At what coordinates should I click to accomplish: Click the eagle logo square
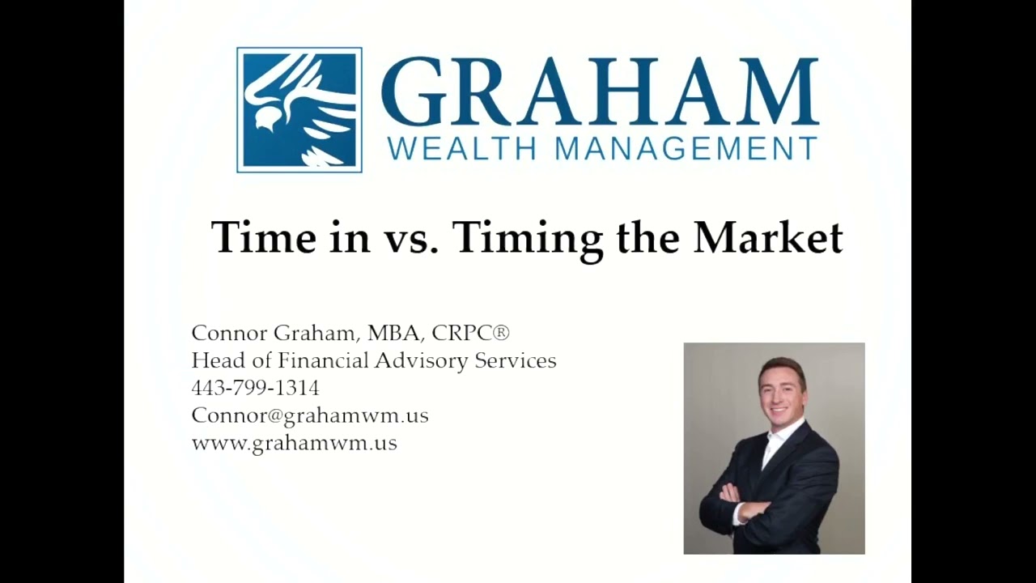click(299, 110)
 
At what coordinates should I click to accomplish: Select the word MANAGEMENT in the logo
click(686, 149)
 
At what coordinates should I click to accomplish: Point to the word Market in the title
click(768, 237)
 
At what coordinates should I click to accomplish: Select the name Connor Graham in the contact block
click(275, 333)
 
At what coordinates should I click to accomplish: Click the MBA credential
click(393, 333)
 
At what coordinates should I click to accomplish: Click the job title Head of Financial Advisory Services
click(374, 360)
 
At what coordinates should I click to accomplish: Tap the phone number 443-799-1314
click(255, 388)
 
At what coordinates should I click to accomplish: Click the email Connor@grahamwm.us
click(310, 415)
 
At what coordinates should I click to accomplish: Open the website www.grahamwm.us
click(295, 443)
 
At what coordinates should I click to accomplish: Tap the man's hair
click(781, 369)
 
